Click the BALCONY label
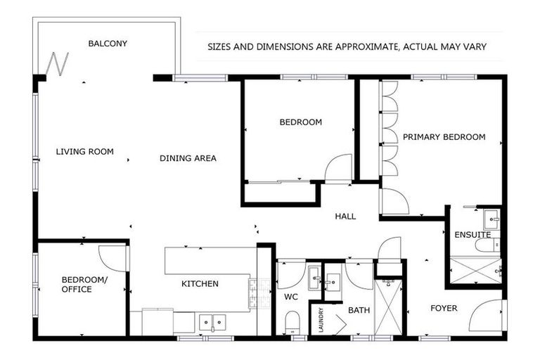(108, 44)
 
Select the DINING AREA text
(188, 158)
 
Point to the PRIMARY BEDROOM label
(444, 137)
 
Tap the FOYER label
(444, 308)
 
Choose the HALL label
(345, 217)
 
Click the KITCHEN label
(200, 284)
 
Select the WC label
(292, 297)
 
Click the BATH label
(359, 309)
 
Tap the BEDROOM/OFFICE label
(77, 285)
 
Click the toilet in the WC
(292, 324)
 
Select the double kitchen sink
(211, 322)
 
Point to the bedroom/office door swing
(112, 257)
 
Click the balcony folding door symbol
(56, 65)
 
